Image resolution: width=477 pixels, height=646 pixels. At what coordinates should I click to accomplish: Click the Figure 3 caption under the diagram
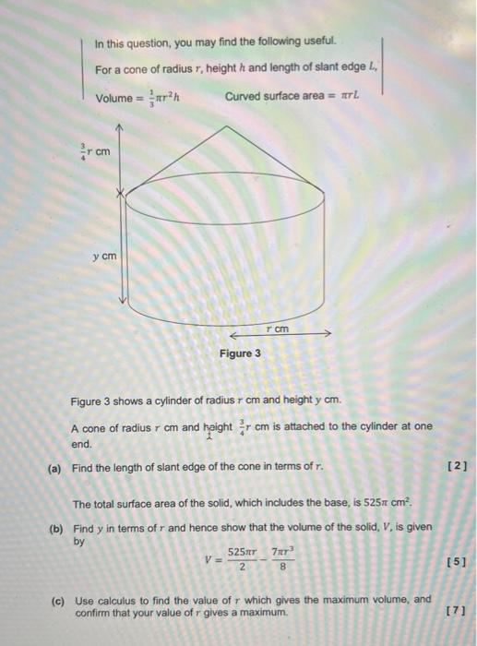click(240, 353)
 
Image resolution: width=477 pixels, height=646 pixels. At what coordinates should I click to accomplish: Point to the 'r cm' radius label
click(277, 329)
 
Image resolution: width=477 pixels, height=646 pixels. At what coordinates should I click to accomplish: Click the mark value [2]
click(459, 467)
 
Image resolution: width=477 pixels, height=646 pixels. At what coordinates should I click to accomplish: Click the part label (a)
click(55, 467)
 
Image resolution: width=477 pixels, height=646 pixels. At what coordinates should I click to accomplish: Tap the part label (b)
click(55, 531)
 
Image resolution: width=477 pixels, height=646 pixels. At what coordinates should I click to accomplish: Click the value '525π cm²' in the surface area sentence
click(378, 504)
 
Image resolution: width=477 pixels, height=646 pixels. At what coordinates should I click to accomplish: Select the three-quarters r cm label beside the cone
click(98, 151)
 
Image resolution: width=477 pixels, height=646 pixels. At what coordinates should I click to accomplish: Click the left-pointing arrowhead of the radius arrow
click(233, 337)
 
